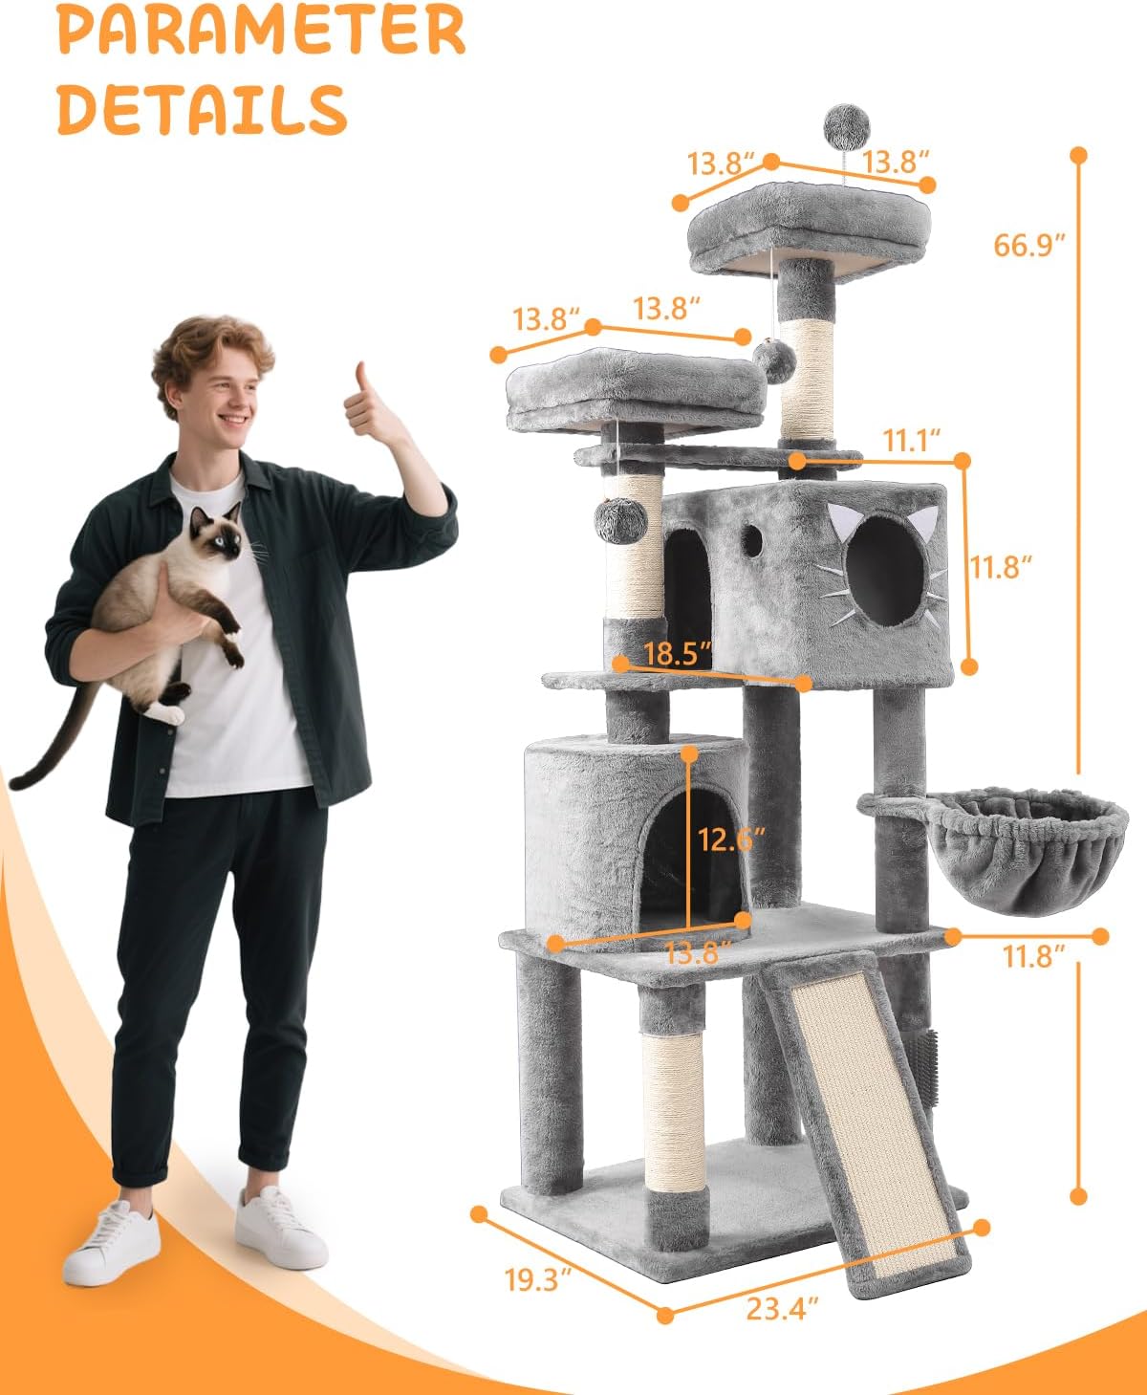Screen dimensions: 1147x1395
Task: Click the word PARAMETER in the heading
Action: click(x=262, y=29)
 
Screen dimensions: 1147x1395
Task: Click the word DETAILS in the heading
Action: click(x=203, y=109)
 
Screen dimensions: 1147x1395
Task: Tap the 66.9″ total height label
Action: click(x=1029, y=245)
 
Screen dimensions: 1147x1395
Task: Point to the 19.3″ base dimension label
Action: click(x=538, y=1280)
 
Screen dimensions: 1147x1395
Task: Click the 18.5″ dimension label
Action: click(x=678, y=653)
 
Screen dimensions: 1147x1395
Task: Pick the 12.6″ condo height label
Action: click(x=731, y=839)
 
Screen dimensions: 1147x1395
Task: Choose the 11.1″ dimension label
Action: click(x=912, y=441)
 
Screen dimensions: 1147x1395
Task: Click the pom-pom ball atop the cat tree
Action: click(x=847, y=125)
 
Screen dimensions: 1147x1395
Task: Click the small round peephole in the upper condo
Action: click(x=751, y=540)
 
